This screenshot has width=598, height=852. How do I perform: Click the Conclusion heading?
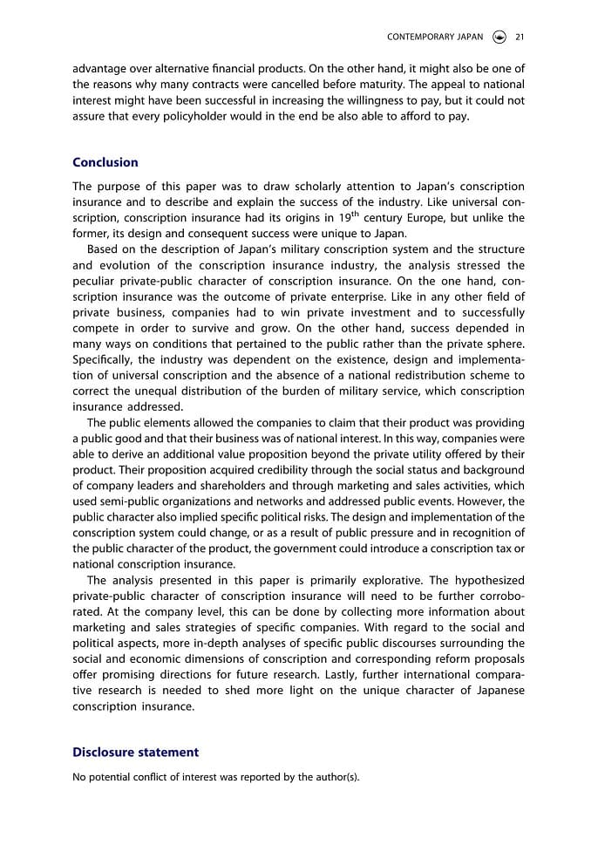coord(105,162)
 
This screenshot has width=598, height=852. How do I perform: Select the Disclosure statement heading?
coord(135,752)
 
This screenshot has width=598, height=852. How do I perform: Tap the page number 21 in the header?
coord(520,37)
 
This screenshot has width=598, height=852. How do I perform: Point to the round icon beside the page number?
coord(499,37)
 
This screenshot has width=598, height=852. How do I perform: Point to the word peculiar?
coord(95,281)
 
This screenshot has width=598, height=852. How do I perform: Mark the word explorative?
coord(417,580)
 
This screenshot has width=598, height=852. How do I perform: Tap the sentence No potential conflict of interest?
coord(215,777)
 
